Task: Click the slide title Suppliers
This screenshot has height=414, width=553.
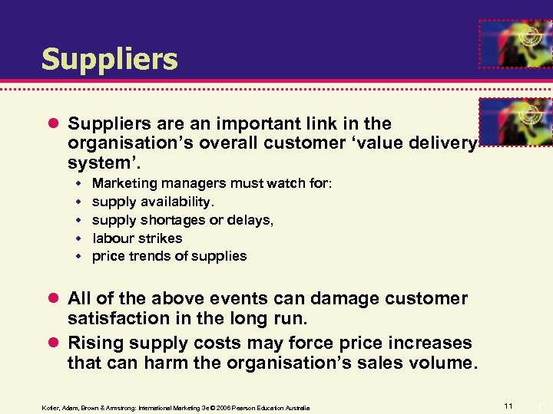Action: tap(109, 59)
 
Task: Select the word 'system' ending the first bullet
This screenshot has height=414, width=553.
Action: tap(96, 163)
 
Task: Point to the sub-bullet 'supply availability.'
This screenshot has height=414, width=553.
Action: tap(153, 202)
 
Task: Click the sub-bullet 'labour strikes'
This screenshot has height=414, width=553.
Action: tap(137, 238)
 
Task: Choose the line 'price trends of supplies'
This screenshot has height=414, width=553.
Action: tap(169, 256)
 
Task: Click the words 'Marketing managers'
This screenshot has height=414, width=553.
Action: tap(147, 183)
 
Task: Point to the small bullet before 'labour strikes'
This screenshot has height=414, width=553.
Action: tap(78, 238)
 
